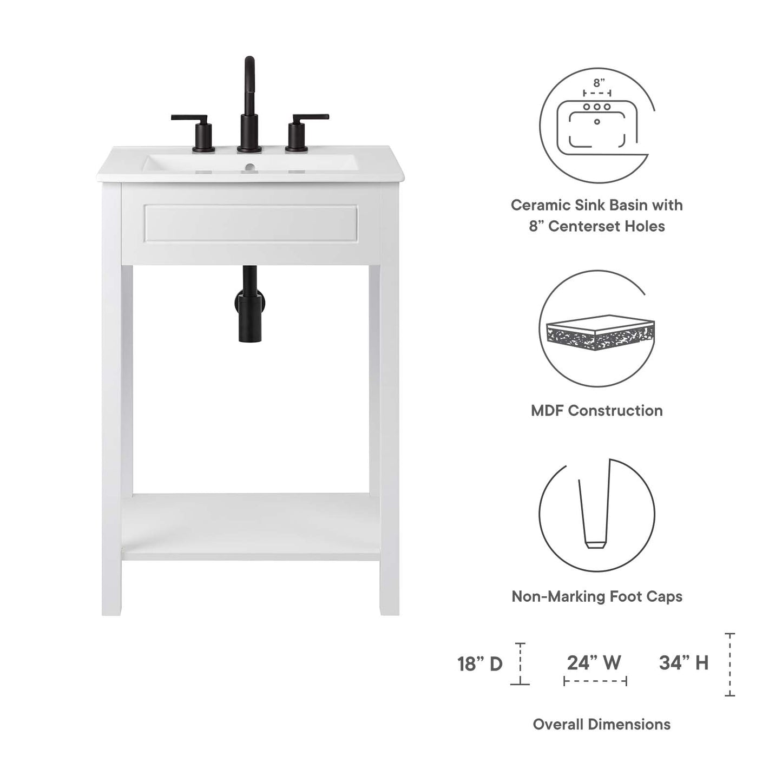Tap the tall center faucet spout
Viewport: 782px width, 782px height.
tap(249, 103)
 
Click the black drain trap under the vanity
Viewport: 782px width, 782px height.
tap(249, 306)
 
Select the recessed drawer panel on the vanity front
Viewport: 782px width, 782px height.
tap(250, 224)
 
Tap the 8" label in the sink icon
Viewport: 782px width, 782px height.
tap(599, 83)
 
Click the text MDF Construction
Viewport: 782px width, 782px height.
tap(596, 411)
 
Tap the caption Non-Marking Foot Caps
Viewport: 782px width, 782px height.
tap(596, 596)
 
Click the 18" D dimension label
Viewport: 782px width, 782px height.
tap(480, 664)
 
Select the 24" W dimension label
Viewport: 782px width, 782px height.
tap(594, 662)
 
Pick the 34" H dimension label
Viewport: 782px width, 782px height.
tap(684, 662)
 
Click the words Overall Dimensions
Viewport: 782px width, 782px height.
tap(601, 724)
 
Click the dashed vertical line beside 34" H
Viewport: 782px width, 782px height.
tap(730, 664)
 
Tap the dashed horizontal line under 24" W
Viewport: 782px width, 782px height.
tap(595, 681)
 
